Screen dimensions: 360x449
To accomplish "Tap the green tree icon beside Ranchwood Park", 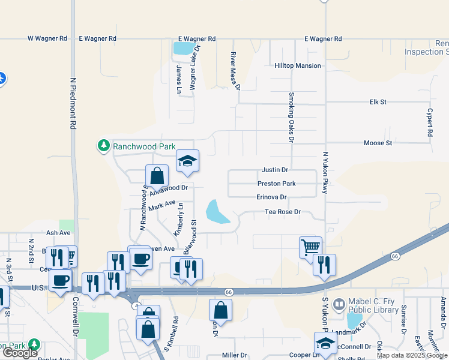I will pos(103,145).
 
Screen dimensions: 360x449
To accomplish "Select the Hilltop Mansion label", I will pos(298,65).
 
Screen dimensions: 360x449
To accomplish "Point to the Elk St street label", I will pos(377,103).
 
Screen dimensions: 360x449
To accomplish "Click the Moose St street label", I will pos(378,143).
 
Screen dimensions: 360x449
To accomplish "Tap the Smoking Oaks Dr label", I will pos(291,117).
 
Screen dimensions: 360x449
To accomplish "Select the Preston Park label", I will pos(276,184).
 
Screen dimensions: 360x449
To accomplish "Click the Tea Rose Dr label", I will pos(283,212).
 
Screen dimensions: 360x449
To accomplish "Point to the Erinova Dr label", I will pos(272,197).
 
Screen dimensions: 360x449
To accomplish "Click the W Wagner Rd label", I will pos(47,38).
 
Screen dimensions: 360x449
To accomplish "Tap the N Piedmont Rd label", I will pos(73,103).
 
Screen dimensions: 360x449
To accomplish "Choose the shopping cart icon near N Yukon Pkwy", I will pos(310,246).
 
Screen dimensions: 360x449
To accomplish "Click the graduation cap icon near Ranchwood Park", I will pos(187,161).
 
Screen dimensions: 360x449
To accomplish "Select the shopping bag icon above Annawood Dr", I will pos(157,176).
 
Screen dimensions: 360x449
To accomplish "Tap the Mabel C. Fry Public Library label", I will pos(373,306).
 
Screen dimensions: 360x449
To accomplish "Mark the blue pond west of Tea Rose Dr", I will pos(217,212).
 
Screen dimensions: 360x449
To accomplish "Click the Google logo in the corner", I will pos(20,353).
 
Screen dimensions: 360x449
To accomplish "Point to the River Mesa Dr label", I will pos(235,70).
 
